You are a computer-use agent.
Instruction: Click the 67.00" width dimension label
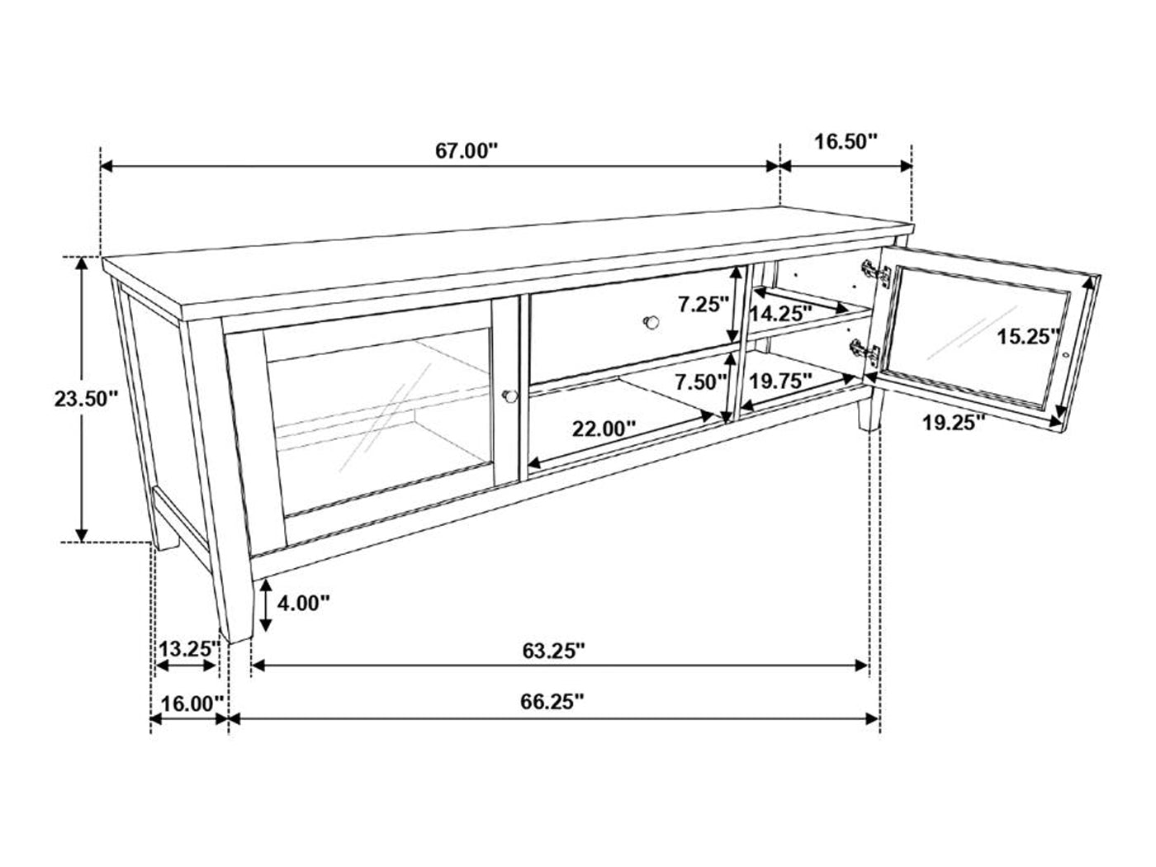[466, 151]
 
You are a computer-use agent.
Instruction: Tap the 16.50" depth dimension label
[846, 141]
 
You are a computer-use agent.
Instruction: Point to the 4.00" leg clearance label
[304, 604]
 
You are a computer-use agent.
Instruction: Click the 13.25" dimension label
[188, 649]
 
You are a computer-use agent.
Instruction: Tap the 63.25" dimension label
[553, 651]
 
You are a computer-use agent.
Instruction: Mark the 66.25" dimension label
[552, 702]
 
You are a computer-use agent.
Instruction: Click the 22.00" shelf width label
[604, 429]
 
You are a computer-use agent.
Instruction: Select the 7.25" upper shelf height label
[703, 304]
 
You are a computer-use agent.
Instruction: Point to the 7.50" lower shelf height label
[702, 382]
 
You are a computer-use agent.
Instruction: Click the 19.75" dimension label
[780, 381]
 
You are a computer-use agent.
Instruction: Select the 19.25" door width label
[954, 422]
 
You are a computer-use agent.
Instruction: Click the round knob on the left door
[509, 396]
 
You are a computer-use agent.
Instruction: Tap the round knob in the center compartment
[651, 322]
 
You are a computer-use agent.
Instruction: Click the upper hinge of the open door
[876, 273]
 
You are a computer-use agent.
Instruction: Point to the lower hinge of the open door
[865, 352]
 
